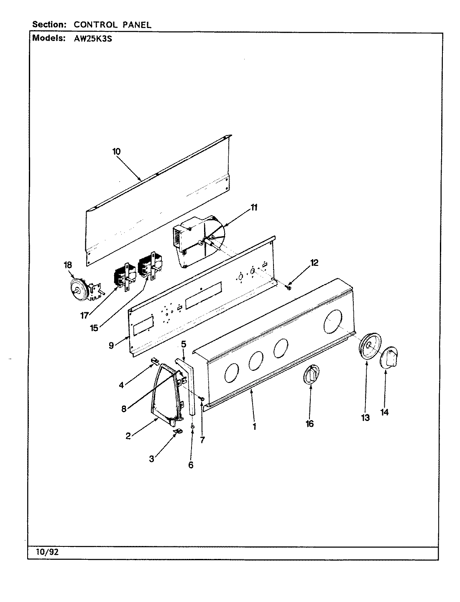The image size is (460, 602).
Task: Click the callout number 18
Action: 68,265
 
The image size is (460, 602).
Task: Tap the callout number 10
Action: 116,151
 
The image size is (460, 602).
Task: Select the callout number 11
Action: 254,208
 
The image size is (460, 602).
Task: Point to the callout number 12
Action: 314,263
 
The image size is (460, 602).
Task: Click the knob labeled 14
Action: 389,358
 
